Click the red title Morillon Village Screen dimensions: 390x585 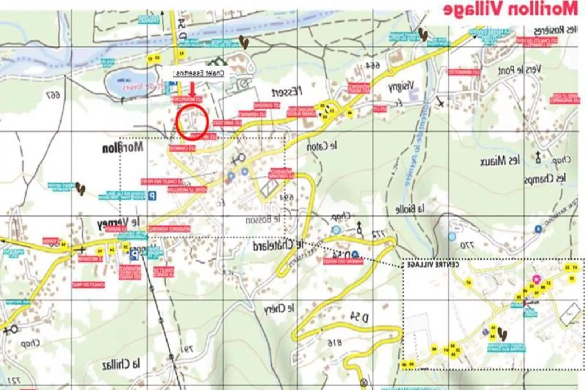510,9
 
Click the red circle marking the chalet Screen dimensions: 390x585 192,122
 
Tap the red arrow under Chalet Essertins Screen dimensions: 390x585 192,89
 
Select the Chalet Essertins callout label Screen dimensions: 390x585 199,73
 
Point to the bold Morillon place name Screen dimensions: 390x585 122,148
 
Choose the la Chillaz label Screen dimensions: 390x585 121,363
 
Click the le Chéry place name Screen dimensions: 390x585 279,309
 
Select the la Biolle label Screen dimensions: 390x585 410,209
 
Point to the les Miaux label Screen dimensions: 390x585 500,161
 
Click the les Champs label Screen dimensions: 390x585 545,179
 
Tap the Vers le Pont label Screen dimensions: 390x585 519,70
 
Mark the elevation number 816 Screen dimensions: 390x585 334,343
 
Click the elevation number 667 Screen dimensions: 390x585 54,95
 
